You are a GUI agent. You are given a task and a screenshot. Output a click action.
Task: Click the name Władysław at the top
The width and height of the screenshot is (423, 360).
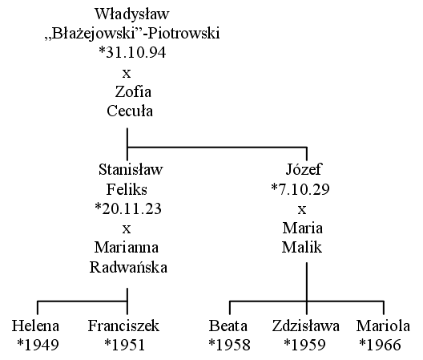coord(132,14)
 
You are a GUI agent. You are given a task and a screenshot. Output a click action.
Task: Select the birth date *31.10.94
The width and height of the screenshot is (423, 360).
coord(132,53)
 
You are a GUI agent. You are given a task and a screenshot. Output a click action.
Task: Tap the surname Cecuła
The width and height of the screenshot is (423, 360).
coord(130,111)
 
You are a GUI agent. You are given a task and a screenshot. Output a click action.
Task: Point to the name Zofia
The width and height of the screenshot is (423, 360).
coord(133,92)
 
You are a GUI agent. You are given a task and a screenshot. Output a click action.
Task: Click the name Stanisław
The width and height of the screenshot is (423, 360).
coord(131,170)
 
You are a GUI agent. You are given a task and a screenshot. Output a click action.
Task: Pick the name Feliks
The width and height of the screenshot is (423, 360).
coord(127,189)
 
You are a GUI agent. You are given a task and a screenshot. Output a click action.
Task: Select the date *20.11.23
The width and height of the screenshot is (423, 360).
coord(128,208)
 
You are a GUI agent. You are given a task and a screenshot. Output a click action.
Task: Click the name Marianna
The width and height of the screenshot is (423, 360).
coord(127,248)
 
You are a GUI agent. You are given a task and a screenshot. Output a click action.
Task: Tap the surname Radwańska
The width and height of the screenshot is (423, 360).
coord(128,267)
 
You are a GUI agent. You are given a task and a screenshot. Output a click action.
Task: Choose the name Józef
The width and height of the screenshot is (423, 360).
coord(304,170)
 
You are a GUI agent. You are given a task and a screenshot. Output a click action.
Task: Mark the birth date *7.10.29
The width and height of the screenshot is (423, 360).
coord(300,189)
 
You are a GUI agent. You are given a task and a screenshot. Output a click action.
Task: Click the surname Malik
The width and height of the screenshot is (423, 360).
coord(302,248)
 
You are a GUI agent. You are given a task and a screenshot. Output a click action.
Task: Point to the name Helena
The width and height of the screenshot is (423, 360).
coord(35,326)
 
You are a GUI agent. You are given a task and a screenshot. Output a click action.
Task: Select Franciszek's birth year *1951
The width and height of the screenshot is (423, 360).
coord(125,345)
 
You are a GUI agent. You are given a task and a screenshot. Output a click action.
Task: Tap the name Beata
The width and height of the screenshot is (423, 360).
coord(228,326)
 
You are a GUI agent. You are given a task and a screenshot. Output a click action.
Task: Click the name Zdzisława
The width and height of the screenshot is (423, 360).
coord(306,326)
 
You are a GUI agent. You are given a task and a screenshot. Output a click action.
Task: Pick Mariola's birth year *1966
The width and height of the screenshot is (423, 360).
coord(381,345)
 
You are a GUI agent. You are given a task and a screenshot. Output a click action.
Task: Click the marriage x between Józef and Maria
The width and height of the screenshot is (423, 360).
coord(302,209)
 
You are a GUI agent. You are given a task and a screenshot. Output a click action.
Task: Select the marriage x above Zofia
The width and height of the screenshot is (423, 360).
coord(127,73)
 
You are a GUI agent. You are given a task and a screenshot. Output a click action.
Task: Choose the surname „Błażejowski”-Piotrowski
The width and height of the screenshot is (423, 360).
coord(132,34)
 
